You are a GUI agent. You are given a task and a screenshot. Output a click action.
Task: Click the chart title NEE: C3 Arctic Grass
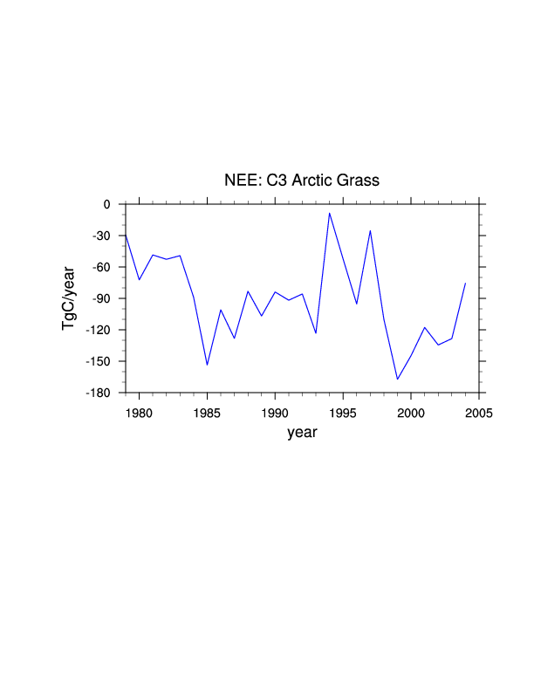pyautogui.click(x=302, y=181)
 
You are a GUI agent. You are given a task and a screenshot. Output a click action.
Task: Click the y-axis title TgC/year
pyautogui.click(x=69, y=298)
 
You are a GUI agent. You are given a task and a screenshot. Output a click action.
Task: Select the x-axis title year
pyautogui.click(x=302, y=432)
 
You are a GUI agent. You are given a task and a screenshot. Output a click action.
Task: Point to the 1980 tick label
pyautogui.click(x=139, y=413)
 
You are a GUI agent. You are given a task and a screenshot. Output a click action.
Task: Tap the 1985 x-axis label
pyautogui.click(x=207, y=413)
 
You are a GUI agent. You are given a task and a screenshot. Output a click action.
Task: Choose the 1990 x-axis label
pyautogui.click(x=275, y=413)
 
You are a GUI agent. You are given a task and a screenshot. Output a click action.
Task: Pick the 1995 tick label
pyautogui.click(x=343, y=413)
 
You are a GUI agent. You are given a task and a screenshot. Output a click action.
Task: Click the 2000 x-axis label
pyautogui.click(x=411, y=413)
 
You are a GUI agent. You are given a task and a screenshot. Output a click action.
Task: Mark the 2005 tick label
pyautogui.click(x=479, y=413)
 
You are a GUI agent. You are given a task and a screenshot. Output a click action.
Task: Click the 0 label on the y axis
pyautogui.click(x=106, y=204)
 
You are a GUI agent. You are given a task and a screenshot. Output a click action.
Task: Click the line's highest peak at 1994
pyautogui.click(x=330, y=213)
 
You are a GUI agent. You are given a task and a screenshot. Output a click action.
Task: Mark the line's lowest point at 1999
pyautogui.click(x=398, y=379)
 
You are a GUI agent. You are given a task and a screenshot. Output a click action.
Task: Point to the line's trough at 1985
pyautogui.click(x=207, y=365)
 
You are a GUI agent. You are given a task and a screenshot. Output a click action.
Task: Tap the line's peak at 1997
pyautogui.click(x=371, y=230)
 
